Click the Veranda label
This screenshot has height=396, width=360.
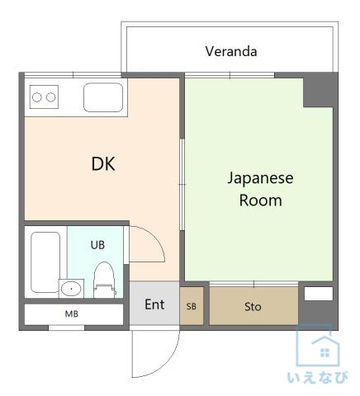(x=231, y=51)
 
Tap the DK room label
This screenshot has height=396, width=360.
(x=103, y=163)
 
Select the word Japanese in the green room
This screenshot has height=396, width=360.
(x=260, y=179)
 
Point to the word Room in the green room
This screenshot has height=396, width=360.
(x=260, y=200)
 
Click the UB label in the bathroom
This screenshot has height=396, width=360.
(x=97, y=245)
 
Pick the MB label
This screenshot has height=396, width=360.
(x=72, y=313)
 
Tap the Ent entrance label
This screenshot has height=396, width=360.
(x=154, y=304)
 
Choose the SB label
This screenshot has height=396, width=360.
(x=192, y=306)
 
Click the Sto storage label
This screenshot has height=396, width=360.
(x=253, y=307)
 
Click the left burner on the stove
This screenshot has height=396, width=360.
(x=37, y=97)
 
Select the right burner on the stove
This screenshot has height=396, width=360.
(x=51, y=97)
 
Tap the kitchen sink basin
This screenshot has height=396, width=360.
(x=103, y=97)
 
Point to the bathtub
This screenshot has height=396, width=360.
(x=45, y=262)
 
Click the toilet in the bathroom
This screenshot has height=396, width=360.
(x=104, y=280)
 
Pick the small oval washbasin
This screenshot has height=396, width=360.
(x=71, y=289)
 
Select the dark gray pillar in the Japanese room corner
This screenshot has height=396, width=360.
(x=318, y=92)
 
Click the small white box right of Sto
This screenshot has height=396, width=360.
(x=319, y=294)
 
